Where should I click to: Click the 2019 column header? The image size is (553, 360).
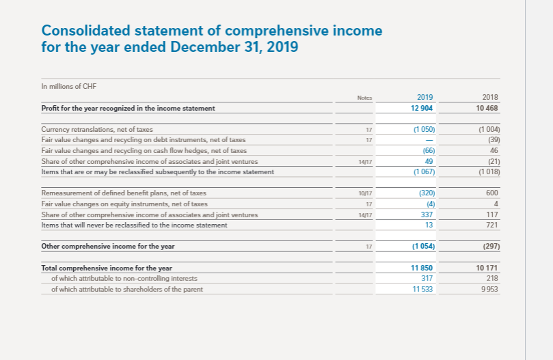point(424,98)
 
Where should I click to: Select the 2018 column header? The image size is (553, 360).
point(490,98)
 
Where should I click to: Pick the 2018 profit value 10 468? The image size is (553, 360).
point(487,108)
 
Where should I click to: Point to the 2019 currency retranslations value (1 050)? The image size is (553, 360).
point(424,129)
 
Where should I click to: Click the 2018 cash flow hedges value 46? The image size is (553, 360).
point(494,150)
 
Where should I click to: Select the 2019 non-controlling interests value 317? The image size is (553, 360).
point(429,278)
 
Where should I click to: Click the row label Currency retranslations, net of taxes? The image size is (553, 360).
point(97,129)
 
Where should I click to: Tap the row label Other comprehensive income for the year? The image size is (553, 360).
point(108,246)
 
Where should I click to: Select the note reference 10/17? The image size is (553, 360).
point(364,193)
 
